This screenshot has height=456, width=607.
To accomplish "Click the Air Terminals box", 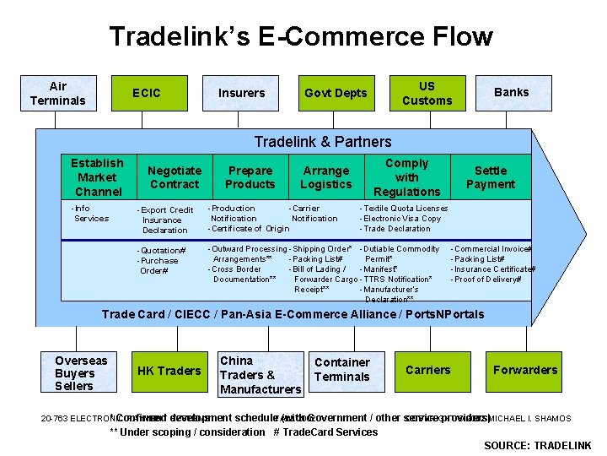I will [x=57, y=93].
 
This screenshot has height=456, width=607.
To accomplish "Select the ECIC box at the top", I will [x=147, y=93].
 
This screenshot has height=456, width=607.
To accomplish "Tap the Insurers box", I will [x=241, y=93].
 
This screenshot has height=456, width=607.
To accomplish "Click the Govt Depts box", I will [x=336, y=93].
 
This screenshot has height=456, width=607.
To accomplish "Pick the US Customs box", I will [x=427, y=93].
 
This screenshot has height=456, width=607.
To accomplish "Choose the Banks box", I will [x=511, y=93].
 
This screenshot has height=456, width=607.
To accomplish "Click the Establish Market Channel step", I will [x=97, y=177].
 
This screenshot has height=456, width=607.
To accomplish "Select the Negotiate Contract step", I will [x=175, y=177].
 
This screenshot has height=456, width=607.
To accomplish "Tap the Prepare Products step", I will [x=250, y=177].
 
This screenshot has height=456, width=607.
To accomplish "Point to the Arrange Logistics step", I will [x=326, y=177].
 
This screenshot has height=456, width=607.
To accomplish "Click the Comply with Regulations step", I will [x=406, y=177].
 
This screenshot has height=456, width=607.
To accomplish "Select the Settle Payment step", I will [x=490, y=177].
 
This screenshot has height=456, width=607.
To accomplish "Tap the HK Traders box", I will [x=169, y=371].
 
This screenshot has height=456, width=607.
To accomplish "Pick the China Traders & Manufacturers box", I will [x=260, y=375].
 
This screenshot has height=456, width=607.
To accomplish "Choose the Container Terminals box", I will [x=341, y=370].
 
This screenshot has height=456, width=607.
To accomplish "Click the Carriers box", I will [x=427, y=370].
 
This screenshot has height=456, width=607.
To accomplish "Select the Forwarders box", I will [x=525, y=370].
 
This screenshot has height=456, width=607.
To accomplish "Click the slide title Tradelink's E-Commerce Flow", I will [x=301, y=37].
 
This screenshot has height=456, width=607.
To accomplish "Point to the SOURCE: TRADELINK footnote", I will [x=537, y=446].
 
